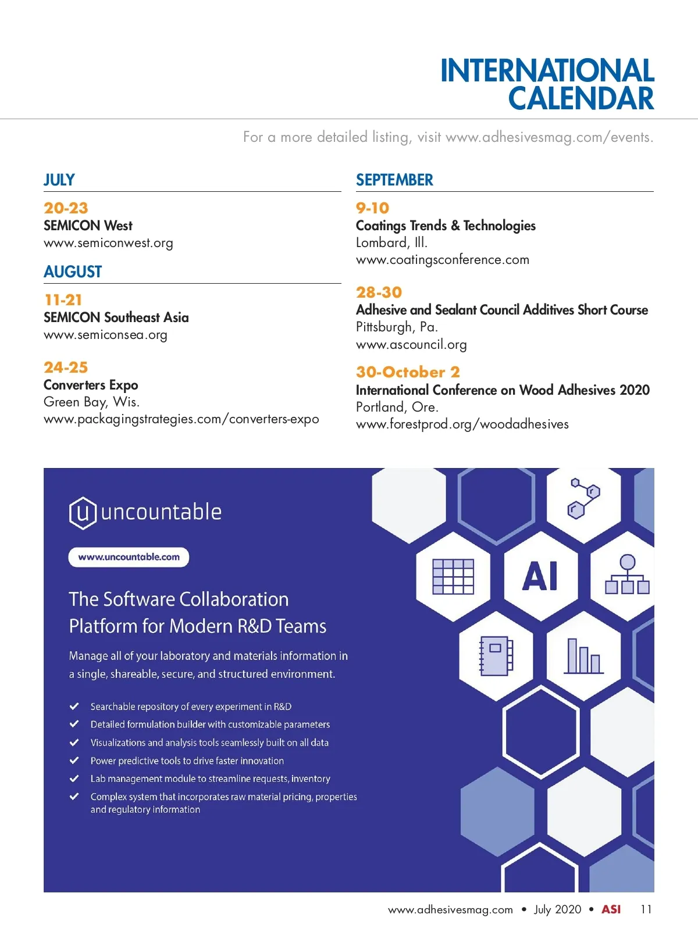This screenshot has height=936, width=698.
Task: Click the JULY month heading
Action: (x=59, y=180)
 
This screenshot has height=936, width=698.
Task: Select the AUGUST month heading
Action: (x=73, y=272)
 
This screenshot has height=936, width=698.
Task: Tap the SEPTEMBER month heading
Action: (x=394, y=180)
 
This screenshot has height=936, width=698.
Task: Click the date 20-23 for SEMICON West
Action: (x=66, y=208)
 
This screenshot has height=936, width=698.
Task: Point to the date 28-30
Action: (x=379, y=292)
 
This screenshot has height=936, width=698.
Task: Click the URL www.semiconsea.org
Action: (x=105, y=335)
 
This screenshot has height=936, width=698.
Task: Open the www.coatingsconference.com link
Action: (x=442, y=260)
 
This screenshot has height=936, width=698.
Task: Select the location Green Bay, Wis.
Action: (x=91, y=402)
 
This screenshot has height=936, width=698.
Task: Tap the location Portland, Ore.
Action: (x=397, y=407)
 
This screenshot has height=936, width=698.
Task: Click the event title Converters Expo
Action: (x=91, y=385)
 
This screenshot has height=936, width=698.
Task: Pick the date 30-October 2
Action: (x=408, y=372)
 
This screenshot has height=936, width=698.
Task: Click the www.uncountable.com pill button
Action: (x=129, y=557)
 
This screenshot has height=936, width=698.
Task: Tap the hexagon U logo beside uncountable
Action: (x=83, y=513)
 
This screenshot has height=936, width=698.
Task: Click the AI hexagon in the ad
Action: (x=540, y=576)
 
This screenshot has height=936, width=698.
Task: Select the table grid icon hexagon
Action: (x=453, y=576)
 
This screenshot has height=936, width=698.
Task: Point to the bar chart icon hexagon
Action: (x=583, y=656)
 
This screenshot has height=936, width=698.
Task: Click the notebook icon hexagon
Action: (x=496, y=656)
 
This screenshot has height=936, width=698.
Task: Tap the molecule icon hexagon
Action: (x=583, y=499)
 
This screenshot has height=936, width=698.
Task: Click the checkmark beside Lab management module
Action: (x=74, y=778)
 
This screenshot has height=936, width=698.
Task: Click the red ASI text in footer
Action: (x=611, y=909)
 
